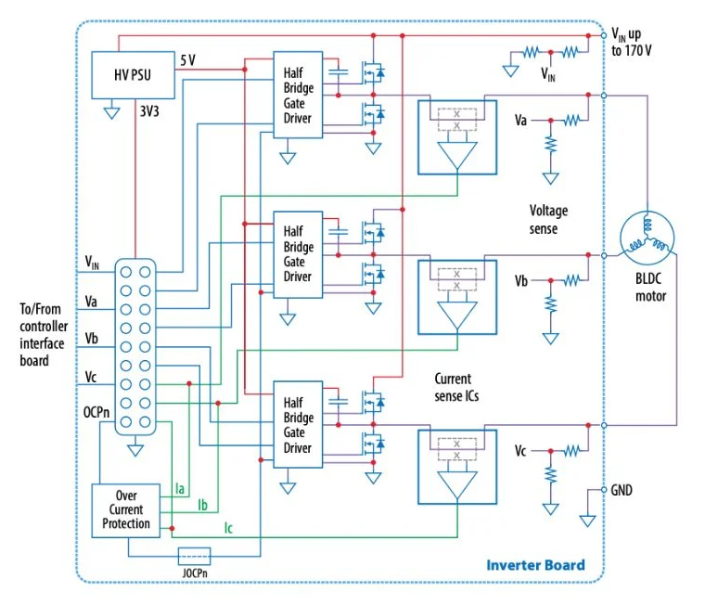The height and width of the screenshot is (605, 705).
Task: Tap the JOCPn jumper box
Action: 194,557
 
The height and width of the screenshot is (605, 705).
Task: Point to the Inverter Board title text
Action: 535,565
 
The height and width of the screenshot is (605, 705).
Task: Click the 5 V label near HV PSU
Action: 188,60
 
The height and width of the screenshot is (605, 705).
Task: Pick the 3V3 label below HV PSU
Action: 149,111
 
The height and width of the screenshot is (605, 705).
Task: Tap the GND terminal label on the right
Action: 622,490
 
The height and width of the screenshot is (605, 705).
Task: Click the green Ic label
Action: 228,528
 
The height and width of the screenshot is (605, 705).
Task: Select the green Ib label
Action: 203,505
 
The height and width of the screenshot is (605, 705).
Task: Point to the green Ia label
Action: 180,488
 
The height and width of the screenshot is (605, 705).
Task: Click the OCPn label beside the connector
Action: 96,412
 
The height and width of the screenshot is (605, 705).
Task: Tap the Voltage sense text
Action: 548,220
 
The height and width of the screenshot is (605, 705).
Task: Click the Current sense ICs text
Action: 456,387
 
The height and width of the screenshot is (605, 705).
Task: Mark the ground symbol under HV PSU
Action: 111,112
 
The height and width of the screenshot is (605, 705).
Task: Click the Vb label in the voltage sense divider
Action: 521,281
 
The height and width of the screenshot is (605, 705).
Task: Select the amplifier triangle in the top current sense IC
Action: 457,155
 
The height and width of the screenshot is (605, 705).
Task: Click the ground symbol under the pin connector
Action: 135,450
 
